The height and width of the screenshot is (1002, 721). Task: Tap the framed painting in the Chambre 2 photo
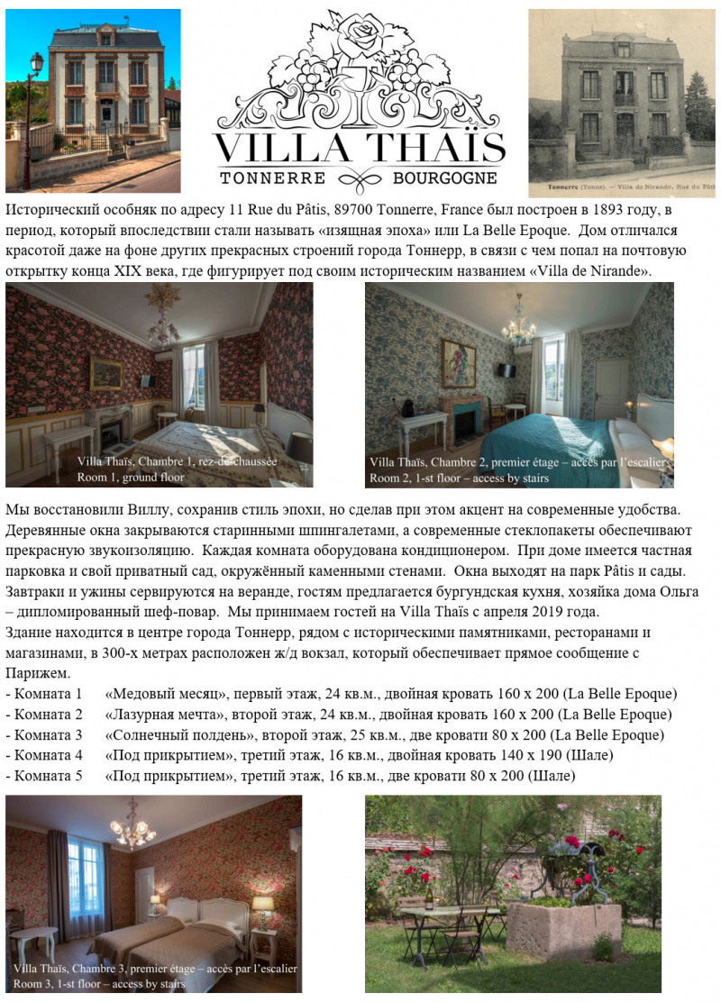pyautogui.click(x=458, y=362)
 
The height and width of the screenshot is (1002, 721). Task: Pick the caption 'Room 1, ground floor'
pyautogui.click(x=136, y=477)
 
